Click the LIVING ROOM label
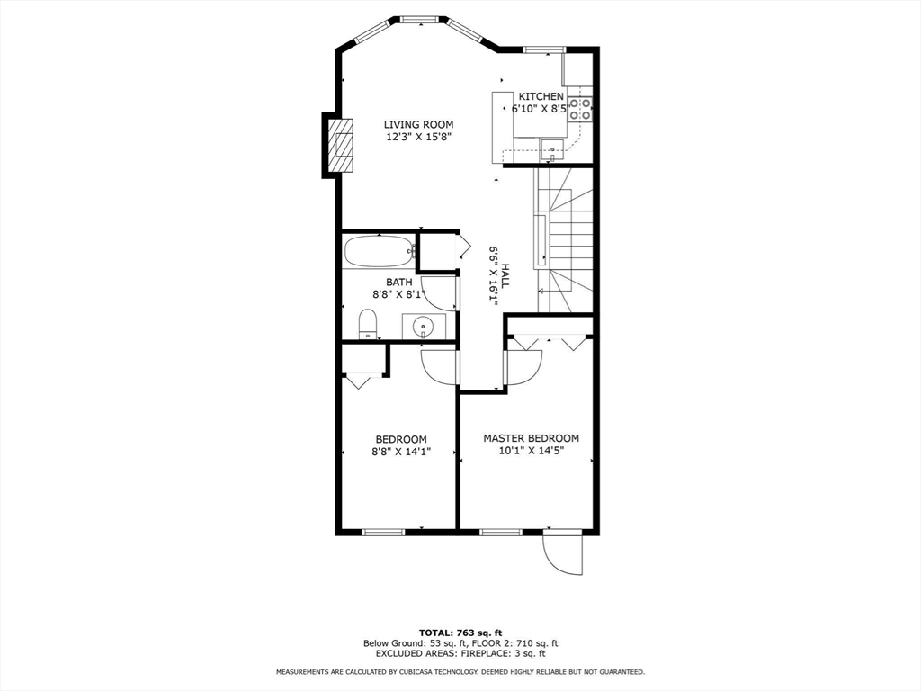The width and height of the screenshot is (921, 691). (x=418, y=124)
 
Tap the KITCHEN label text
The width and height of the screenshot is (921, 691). (x=541, y=96)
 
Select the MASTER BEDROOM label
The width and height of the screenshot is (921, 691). (x=531, y=438)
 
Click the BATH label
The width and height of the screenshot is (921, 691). (x=398, y=283)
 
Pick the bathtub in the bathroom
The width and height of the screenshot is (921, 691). (x=380, y=252)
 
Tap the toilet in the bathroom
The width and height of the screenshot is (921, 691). (x=367, y=324)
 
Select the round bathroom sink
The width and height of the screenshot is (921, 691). (x=422, y=325)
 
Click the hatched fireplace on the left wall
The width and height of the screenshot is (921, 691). (x=340, y=145)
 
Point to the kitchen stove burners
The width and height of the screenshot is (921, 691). (x=580, y=109)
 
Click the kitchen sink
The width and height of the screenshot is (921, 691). (x=552, y=150)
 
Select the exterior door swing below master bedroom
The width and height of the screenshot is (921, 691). (x=562, y=553)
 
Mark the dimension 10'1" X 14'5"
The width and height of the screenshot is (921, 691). (x=531, y=452)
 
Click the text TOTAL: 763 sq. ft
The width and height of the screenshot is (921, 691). (x=460, y=633)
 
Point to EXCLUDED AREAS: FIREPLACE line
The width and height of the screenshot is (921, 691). (x=460, y=653)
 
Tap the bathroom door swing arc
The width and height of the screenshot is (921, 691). (x=439, y=292)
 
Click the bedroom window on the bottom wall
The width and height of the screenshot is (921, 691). (x=383, y=533)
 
